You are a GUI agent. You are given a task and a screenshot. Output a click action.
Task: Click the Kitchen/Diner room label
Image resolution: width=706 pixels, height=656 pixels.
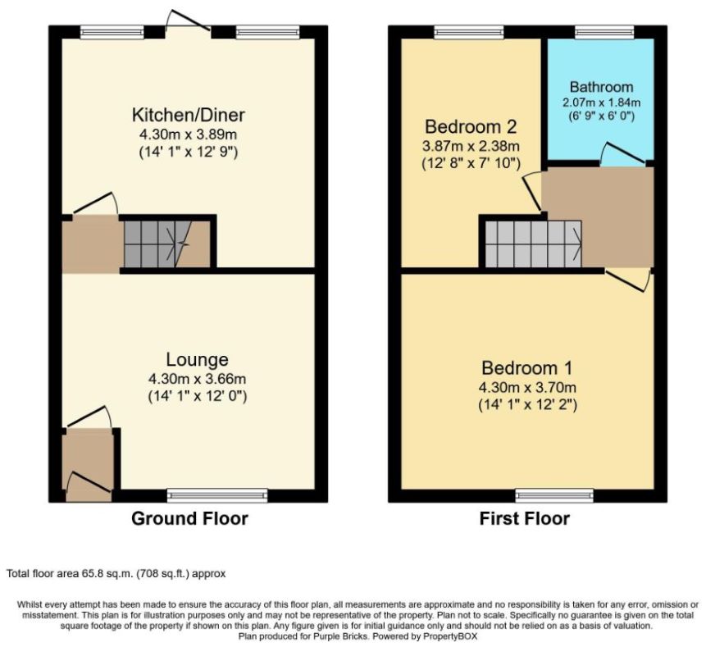(x=189, y=115)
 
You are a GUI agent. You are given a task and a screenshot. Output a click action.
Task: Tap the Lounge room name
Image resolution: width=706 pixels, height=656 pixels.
(x=198, y=360)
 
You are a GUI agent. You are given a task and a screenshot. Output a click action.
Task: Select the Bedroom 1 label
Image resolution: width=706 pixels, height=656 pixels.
(x=526, y=368)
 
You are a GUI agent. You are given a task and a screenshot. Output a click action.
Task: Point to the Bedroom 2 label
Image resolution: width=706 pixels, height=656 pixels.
(x=471, y=126)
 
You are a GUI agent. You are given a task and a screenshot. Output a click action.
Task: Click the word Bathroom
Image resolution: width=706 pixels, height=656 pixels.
(x=602, y=86)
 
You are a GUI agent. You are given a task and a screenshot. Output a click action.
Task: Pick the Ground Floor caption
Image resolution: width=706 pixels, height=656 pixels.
(x=189, y=519)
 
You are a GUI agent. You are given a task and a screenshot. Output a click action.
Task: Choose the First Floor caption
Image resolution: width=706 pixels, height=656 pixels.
(x=525, y=519)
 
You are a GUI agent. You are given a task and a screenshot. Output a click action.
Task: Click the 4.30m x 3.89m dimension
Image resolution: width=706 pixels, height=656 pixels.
(x=189, y=134)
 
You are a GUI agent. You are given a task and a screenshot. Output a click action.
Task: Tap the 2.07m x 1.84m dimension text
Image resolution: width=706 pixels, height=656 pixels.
(x=602, y=102)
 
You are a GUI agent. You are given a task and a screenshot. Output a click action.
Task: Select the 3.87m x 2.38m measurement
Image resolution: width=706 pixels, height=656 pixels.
(x=471, y=146)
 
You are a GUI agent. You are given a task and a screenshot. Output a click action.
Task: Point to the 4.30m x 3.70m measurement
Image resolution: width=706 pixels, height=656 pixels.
(x=527, y=387)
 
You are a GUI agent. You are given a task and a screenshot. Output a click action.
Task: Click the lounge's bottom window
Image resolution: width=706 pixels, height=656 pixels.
(x=217, y=495)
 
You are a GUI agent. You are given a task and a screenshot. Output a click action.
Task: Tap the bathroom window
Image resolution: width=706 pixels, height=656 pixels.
(x=604, y=32)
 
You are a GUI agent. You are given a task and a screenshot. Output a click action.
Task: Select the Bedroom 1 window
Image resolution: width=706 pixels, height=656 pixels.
(x=554, y=495)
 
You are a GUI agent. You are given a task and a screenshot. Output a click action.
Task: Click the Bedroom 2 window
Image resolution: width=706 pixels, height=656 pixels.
(x=469, y=32)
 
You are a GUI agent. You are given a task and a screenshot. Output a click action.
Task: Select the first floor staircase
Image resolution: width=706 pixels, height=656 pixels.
(x=533, y=244)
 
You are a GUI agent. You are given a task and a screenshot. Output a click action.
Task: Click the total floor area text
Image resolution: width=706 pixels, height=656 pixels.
(x=116, y=574)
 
